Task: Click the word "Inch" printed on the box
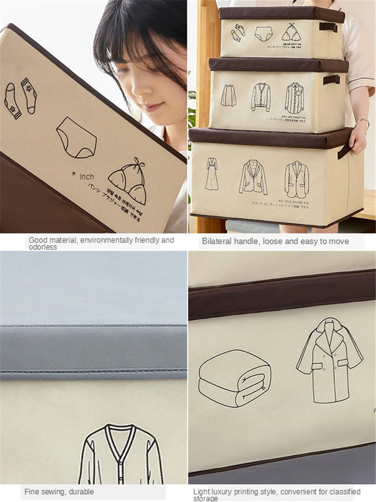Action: click(x=86, y=177)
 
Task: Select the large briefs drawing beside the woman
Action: click(x=76, y=137)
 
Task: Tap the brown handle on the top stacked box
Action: click(x=328, y=27)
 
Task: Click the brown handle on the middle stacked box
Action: click(x=331, y=80)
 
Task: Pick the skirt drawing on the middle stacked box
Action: click(x=229, y=95)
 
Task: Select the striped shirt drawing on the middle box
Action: click(x=295, y=98)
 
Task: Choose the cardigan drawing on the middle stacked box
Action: click(x=261, y=97)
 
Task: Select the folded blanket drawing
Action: click(x=235, y=378)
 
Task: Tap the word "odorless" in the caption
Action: click(x=43, y=247)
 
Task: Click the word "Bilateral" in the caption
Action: click(x=217, y=241)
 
